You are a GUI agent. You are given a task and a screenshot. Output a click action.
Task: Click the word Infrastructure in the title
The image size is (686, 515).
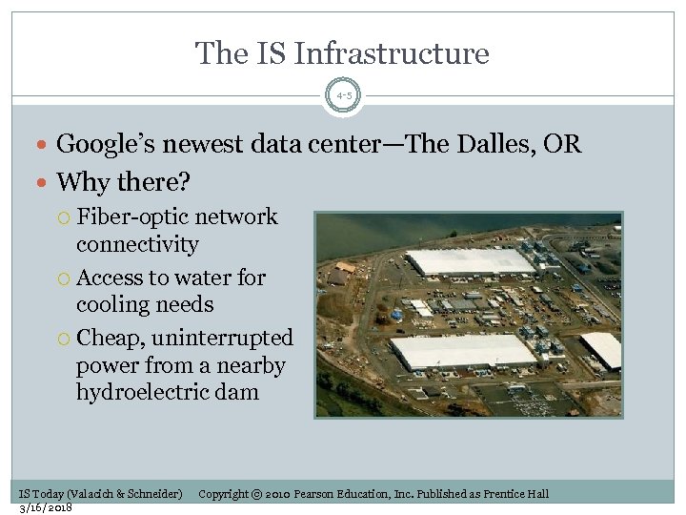click(392, 53)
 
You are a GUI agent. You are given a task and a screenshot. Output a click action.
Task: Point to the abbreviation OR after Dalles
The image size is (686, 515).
click(562, 144)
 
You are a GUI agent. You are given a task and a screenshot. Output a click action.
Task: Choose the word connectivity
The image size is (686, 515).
click(137, 244)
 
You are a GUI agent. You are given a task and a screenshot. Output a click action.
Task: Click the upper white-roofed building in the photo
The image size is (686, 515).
click(469, 261)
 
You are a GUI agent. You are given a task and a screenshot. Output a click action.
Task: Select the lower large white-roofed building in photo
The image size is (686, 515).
click(463, 351)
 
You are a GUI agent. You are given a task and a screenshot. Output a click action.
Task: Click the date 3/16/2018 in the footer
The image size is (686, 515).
click(46, 507)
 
